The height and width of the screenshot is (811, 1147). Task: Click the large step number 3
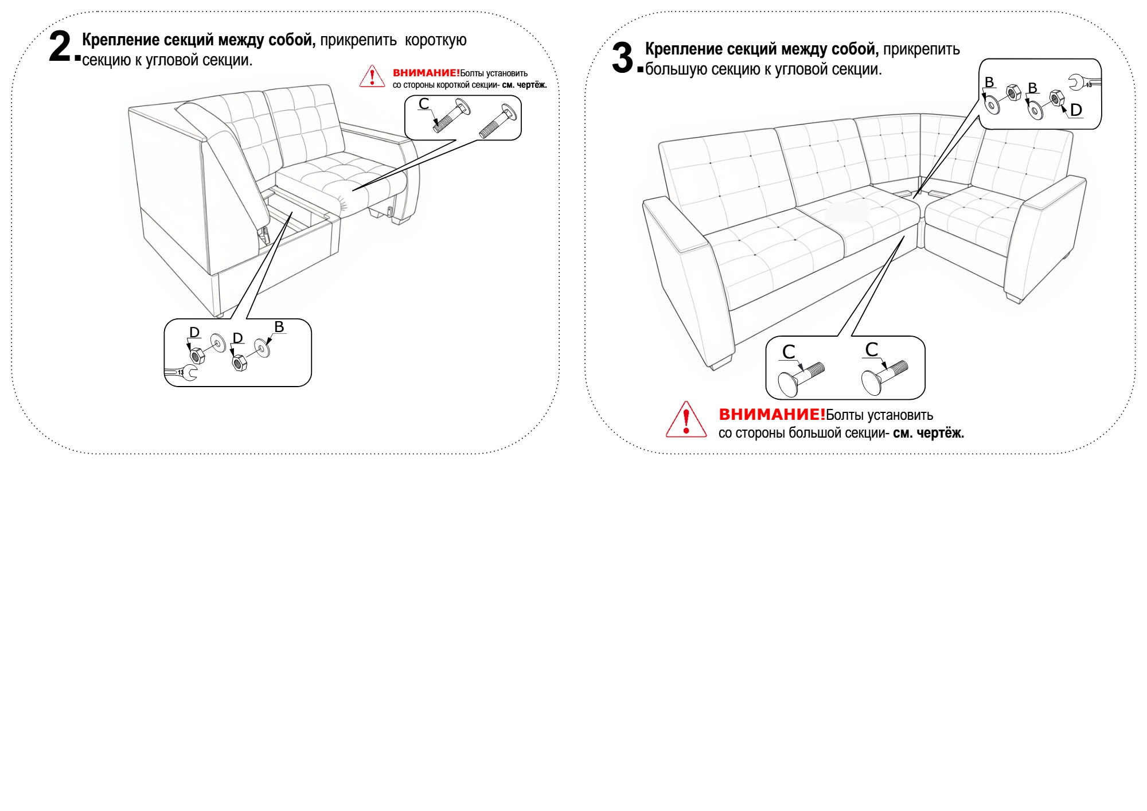pos(622,58)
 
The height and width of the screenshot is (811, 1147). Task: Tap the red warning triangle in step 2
pos(372,76)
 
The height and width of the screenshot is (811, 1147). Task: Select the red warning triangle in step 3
pos(686,420)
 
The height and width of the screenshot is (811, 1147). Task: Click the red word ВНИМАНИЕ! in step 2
pos(426,73)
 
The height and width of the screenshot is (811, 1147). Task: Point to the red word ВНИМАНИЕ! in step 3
pos(771,415)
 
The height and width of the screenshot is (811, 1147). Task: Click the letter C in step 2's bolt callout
pos(424,104)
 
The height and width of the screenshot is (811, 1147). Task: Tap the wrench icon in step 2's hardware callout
pos(182,373)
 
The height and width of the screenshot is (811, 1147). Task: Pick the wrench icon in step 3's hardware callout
pos(1083,83)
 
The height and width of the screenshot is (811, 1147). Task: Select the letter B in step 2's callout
pos(279,327)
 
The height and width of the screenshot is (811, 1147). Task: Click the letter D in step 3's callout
pos(1076,110)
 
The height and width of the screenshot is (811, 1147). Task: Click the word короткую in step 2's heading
pos(436,41)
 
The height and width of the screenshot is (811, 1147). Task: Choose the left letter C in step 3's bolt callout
pos(789,352)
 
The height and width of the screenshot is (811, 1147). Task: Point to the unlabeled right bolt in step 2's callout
pos(497,122)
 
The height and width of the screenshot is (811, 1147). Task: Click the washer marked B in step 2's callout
pos(262,347)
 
